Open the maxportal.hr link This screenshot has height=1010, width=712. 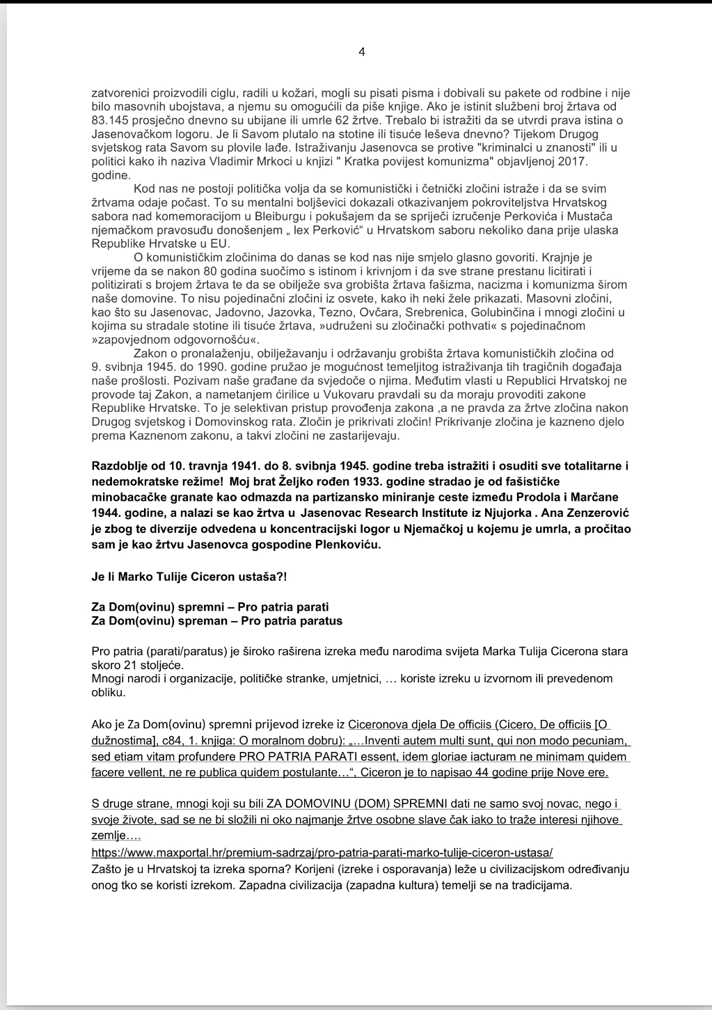pyautogui.click(x=322, y=853)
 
